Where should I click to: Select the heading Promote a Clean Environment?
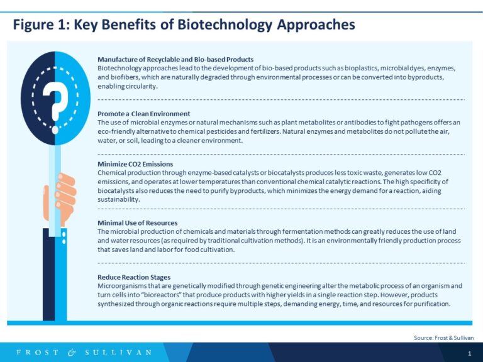[x=143, y=114]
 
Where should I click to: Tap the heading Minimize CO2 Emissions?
[x=135, y=164]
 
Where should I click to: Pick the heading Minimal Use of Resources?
[x=137, y=223]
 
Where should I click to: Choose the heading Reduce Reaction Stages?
[x=134, y=277]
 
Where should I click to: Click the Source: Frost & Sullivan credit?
[x=443, y=337]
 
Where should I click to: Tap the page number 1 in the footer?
[x=469, y=354]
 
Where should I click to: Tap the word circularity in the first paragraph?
[x=139, y=85]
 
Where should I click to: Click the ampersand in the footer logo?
[x=72, y=353]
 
